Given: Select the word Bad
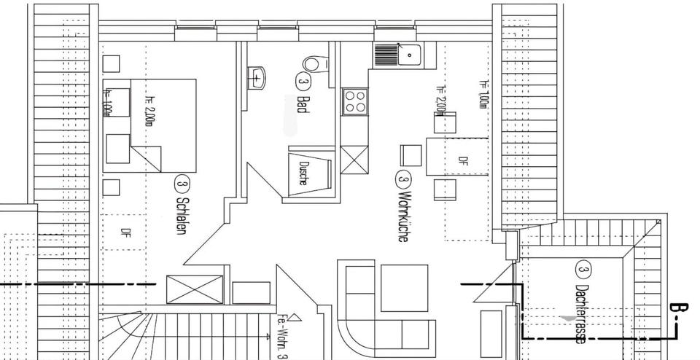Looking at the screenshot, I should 303,104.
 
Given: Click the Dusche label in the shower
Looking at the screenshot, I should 302,172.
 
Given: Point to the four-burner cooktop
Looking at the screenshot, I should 354,101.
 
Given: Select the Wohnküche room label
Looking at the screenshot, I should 402,216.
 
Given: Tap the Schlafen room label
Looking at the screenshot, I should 179,216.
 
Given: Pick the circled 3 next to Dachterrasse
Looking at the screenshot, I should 583,270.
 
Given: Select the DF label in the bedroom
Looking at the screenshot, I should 125,234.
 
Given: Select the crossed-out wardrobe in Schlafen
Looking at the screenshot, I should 194,289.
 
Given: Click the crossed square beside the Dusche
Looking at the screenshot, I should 354,161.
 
